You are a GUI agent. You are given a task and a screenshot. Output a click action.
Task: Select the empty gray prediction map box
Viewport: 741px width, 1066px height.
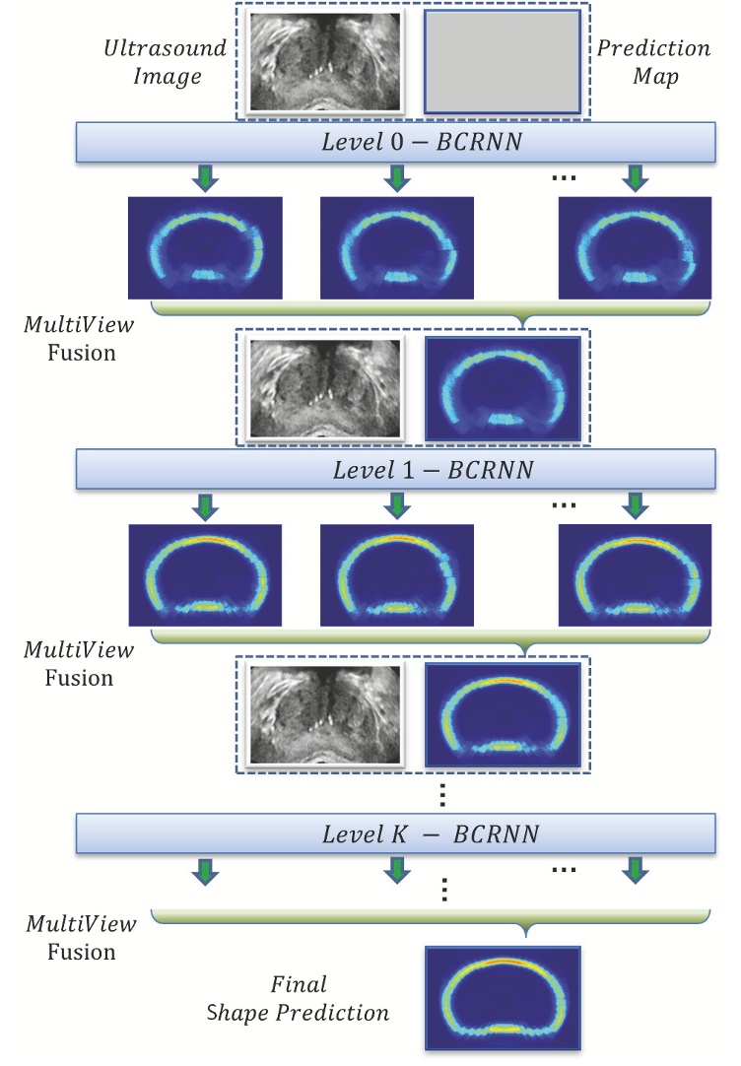coord(502,61)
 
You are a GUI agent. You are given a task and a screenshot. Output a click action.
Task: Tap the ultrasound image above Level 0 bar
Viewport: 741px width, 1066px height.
coord(326,61)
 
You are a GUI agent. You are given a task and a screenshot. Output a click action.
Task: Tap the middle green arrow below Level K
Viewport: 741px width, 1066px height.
coord(396,869)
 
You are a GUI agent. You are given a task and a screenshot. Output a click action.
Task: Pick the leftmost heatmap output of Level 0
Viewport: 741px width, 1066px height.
coord(205,247)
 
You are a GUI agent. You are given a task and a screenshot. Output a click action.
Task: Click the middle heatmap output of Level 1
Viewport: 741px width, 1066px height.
coord(396,574)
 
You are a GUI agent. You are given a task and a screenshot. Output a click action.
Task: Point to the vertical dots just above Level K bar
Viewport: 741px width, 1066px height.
coord(444,794)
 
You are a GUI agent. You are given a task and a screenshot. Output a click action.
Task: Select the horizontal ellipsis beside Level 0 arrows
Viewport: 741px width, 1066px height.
coord(565,177)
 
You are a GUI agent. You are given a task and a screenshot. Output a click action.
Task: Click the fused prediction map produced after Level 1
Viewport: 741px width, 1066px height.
coord(502,713)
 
